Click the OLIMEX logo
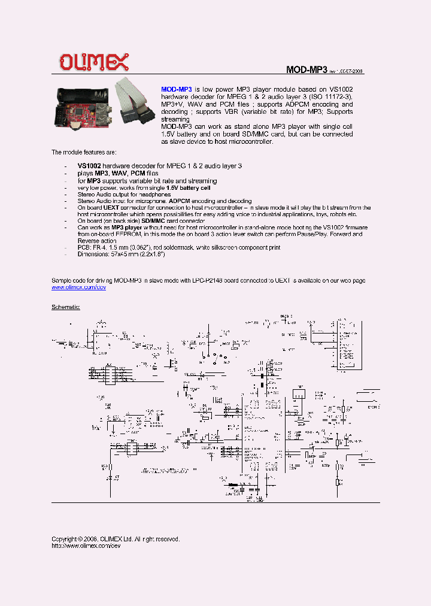pyautogui.click(x=93, y=61)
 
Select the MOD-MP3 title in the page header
pyautogui.click(x=306, y=69)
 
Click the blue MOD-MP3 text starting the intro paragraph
pyautogui.click(x=177, y=89)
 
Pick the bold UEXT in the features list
pyautogui.click(x=111, y=208)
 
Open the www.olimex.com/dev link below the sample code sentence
pyautogui.click(x=78, y=287)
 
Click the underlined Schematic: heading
pyautogui.click(x=66, y=307)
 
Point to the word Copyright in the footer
pyautogui.click(x=64, y=539)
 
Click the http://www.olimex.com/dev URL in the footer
pyautogui.click(x=82, y=546)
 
